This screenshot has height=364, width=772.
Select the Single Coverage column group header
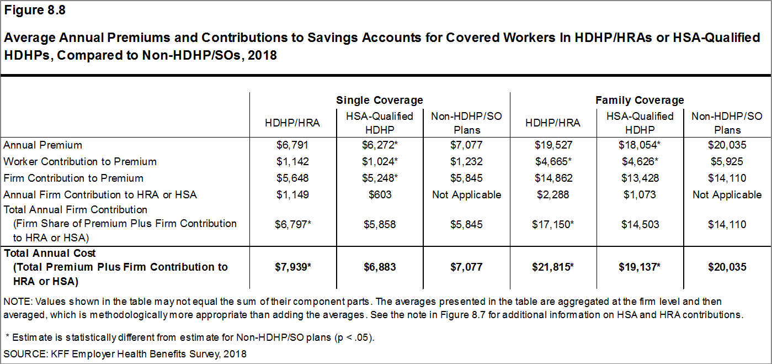pyautogui.click(x=380, y=100)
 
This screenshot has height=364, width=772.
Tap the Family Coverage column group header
pyautogui.click(x=640, y=100)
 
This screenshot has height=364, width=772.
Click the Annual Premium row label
pyautogui.click(x=43, y=145)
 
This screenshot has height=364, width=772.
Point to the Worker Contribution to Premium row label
pyautogui.click(x=80, y=162)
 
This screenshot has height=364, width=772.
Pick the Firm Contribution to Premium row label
pyautogui.click(x=73, y=178)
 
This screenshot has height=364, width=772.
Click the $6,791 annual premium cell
pyautogui.click(x=292, y=145)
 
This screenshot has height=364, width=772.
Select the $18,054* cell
pyautogui.click(x=640, y=145)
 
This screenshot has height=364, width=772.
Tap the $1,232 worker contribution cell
pyautogui.click(x=466, y=162)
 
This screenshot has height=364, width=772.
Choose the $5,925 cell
pyautogui.click(x=727, y=162)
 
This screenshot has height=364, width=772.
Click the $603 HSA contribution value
pyautogui.click(x=380, y=195)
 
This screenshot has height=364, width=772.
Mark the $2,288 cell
pyautogui.click(x=553, y=195)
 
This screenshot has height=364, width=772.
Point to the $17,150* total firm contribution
pyautogui.click(x=553, y=224)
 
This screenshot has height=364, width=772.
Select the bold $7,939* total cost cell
pyautogui.click(x=292, y=267)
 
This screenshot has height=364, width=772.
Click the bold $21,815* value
pyautogui.click(x=553, y=267)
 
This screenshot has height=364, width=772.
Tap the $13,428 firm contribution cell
pyautogui.click(x=640, y=178)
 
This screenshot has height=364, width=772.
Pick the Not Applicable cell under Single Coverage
pyautogui.click(x=466, y=195)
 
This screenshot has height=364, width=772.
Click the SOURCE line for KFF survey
pyautogui.click(x=125, y=354)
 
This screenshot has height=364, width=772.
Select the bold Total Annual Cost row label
pyautogui.click(x=50, y=254)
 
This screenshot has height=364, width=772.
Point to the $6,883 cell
pyautogui.click(x=380, y=267)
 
